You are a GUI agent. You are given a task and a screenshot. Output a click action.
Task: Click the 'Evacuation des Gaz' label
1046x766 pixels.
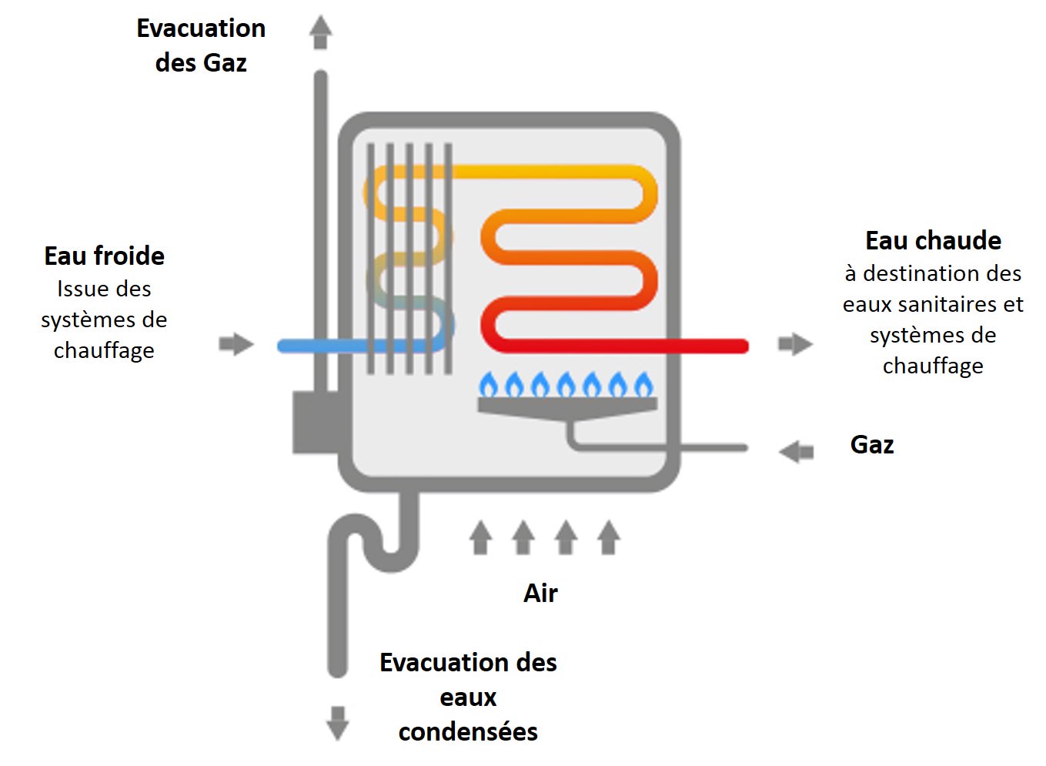coord(201,45)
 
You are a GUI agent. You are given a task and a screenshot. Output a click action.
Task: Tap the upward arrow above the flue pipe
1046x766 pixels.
coord(320,32)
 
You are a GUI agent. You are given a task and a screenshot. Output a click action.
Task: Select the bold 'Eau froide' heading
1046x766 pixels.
coord(104,256)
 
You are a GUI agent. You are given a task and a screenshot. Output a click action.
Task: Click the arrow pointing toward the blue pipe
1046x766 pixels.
coord(236,343)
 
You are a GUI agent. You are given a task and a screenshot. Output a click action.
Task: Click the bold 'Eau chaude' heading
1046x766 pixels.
coord(933,240)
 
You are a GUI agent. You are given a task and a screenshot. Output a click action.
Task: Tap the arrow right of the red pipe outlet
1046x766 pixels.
coord(795,343)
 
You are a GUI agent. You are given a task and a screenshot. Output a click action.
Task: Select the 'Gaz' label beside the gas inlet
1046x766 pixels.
coord(871,445)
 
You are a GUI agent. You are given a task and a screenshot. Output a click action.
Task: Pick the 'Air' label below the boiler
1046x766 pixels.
coord(540,593)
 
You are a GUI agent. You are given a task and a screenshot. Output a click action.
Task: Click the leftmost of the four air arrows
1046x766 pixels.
coord(481,537)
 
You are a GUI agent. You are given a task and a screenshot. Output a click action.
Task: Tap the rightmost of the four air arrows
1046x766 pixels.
coord(609,537)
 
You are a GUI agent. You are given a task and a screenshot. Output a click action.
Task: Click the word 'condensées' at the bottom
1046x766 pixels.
coord(468,731)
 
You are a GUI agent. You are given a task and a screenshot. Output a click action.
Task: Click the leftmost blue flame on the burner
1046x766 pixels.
coord(489,384)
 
